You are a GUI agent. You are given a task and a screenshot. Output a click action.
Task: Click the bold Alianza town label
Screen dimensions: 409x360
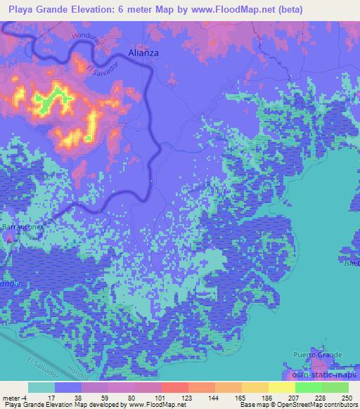[144, 52]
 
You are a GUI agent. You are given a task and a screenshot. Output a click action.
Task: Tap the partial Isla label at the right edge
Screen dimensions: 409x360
[354, 264]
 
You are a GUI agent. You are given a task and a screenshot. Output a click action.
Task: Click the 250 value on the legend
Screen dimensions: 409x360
[347, 397]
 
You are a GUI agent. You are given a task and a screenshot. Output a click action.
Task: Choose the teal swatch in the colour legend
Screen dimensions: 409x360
[41, 387]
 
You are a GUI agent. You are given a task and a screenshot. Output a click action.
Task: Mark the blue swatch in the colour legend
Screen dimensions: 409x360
[68, 387]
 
